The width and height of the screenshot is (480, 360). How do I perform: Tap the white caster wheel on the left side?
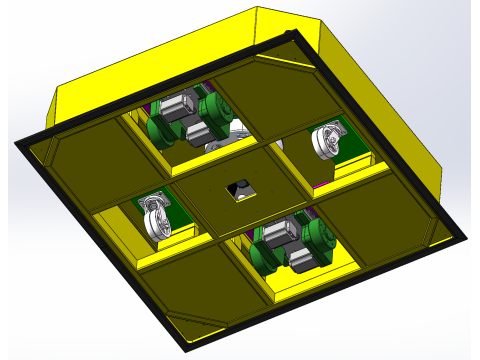[x=154, y=218]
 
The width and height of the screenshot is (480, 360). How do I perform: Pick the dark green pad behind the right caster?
[x=347, y=139]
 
